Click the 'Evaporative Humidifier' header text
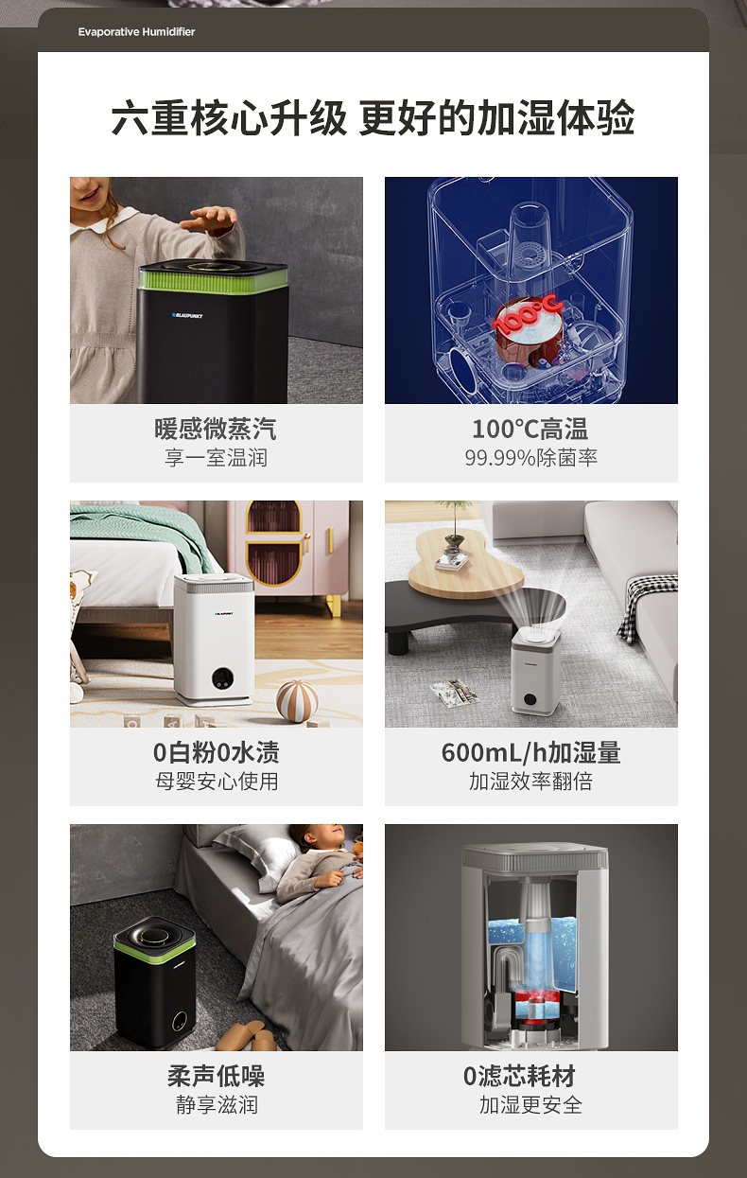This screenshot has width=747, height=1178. click(x=136, y=32)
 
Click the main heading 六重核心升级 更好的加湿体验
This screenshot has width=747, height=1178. click(x=373, y=117)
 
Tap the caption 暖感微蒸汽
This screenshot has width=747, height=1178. click(x=216, y=430)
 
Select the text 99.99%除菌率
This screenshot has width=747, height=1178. click(x=531, y=458)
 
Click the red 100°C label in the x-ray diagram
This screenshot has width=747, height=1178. click(x=528, y=314)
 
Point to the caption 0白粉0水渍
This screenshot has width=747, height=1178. click(x=216, y=752)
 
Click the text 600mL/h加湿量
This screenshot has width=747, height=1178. click(x=531, y=752)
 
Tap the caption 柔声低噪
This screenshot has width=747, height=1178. click(x=216, y=1076)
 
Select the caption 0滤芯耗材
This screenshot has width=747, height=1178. click(x=519, y=1076)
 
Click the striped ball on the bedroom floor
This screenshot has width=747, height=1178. click(x=297, y=701)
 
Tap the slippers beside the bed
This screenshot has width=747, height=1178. click(x=247, y=1036)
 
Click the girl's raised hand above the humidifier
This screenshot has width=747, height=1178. click(x=209, y=219)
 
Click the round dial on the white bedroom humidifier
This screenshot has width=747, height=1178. click(x=223, y=677)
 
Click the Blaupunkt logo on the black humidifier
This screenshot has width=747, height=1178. click(x=187, y=315)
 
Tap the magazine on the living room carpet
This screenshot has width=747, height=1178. click(x=455, y=694)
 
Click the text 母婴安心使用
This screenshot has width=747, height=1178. click(x=216, y=782)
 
